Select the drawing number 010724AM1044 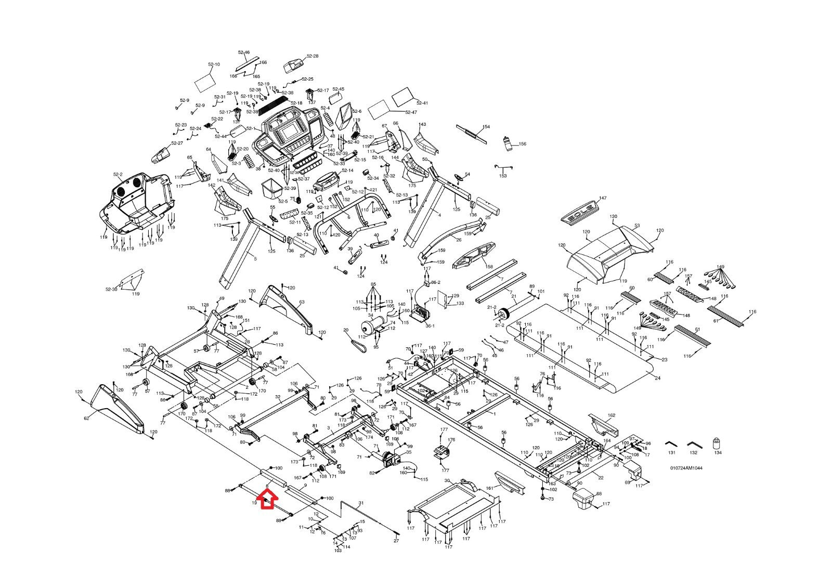(x=686, y=468)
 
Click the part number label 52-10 (x=214, y=64)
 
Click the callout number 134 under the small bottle (x=718, y=453)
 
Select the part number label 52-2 (x=118, y=175)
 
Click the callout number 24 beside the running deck (x=658, y=378)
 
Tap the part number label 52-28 (x=313, y=56)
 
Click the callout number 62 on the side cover (x=86, y=418)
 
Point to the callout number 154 (x=486, y=127)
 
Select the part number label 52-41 (x=422, y=103)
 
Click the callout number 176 (x=451, y=440)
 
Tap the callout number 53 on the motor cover (x=637, y=226)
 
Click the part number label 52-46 (x=244, y=53)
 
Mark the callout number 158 (x=489, y=267)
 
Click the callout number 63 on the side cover (x=302, y=302)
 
